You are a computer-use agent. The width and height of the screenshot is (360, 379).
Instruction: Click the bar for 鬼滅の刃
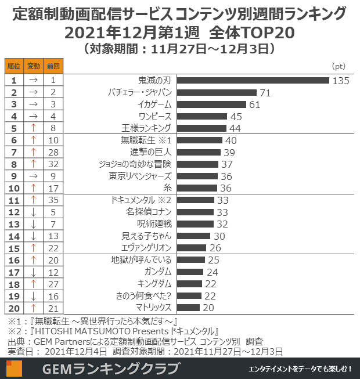pos(253,81)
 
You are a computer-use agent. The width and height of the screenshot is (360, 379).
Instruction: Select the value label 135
pos(341,81)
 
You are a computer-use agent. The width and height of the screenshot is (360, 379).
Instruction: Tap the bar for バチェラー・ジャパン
pos(216,92)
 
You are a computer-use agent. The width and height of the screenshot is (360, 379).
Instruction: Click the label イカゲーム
pos(154,104)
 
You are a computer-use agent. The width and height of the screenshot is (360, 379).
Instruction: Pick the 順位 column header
pos(14,66)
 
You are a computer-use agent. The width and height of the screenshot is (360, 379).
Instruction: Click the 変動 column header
pos(34,66)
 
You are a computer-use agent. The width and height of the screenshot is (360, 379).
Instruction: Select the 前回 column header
pos(53,66)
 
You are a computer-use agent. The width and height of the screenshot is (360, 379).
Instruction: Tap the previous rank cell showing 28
pos(53,151)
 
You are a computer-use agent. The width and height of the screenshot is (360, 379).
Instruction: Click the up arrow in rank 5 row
pos(34,128)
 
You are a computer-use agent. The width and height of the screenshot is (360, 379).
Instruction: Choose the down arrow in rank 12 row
pos(34,212)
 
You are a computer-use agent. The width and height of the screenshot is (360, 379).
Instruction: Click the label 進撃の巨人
pos(150,152)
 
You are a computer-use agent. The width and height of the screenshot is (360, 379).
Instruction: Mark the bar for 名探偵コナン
pos(195,212)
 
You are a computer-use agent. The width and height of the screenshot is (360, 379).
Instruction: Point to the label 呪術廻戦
pos(154,223)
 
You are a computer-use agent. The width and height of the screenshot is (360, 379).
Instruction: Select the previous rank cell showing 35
pos(53,200)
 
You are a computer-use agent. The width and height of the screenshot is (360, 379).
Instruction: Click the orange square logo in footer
pos(15,369)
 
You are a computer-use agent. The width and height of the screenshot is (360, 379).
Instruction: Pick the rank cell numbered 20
pos(14,307)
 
